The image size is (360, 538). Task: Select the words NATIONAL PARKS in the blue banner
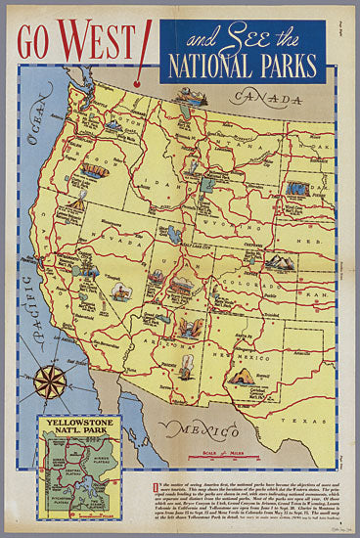[241, 66]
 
